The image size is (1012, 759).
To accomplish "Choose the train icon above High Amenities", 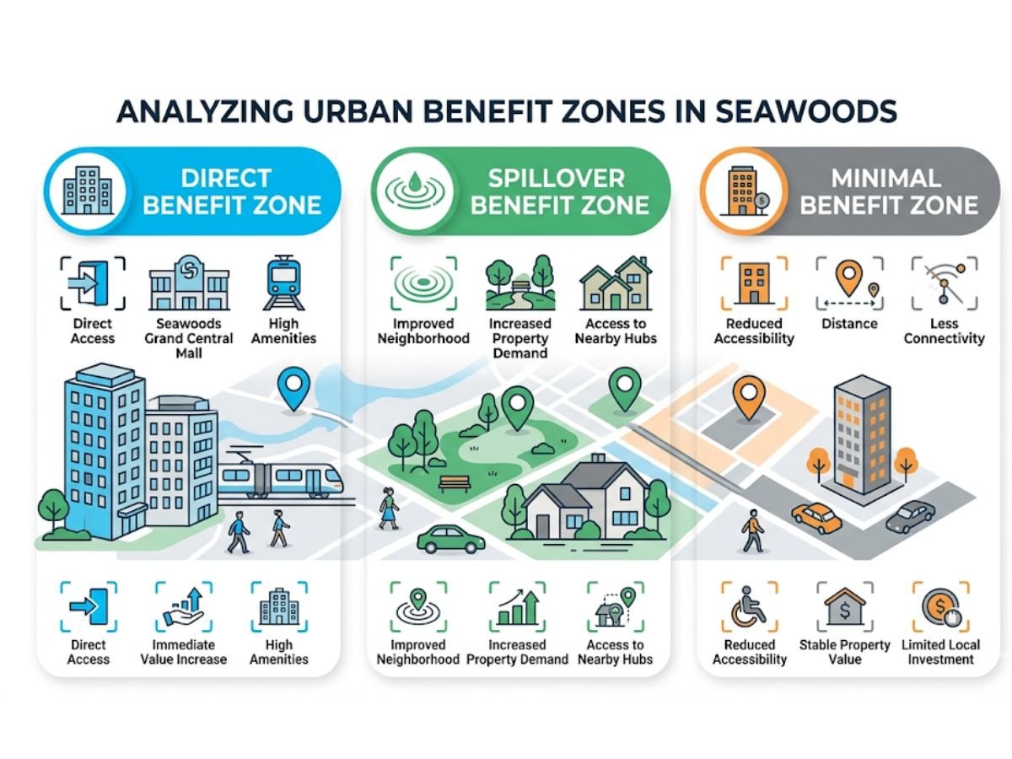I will coord(283,285).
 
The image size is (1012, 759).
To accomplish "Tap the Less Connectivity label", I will coord(944,331).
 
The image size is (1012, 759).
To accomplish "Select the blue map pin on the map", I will coord(293,389).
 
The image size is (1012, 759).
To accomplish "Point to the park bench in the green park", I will coord(455,483).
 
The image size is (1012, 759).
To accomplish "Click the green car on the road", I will coord(451,539).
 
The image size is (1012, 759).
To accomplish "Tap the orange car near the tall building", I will coord(816,517).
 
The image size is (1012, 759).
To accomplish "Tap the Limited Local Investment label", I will coord(941,652).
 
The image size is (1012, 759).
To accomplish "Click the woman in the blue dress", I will coord(389,507).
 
